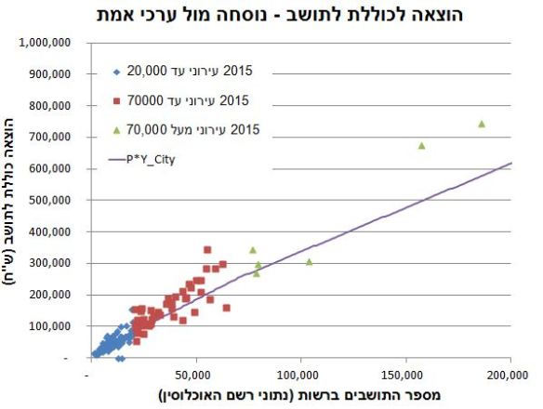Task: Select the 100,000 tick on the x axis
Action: (298, 375)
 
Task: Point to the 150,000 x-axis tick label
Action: (404, 375)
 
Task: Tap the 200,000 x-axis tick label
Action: (510, 375)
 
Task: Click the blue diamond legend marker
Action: (117, 71)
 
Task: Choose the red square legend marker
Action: (117, 100)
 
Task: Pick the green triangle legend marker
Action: (117, 130)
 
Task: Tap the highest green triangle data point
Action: (482, 124)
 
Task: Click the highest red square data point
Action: (207, 250)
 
